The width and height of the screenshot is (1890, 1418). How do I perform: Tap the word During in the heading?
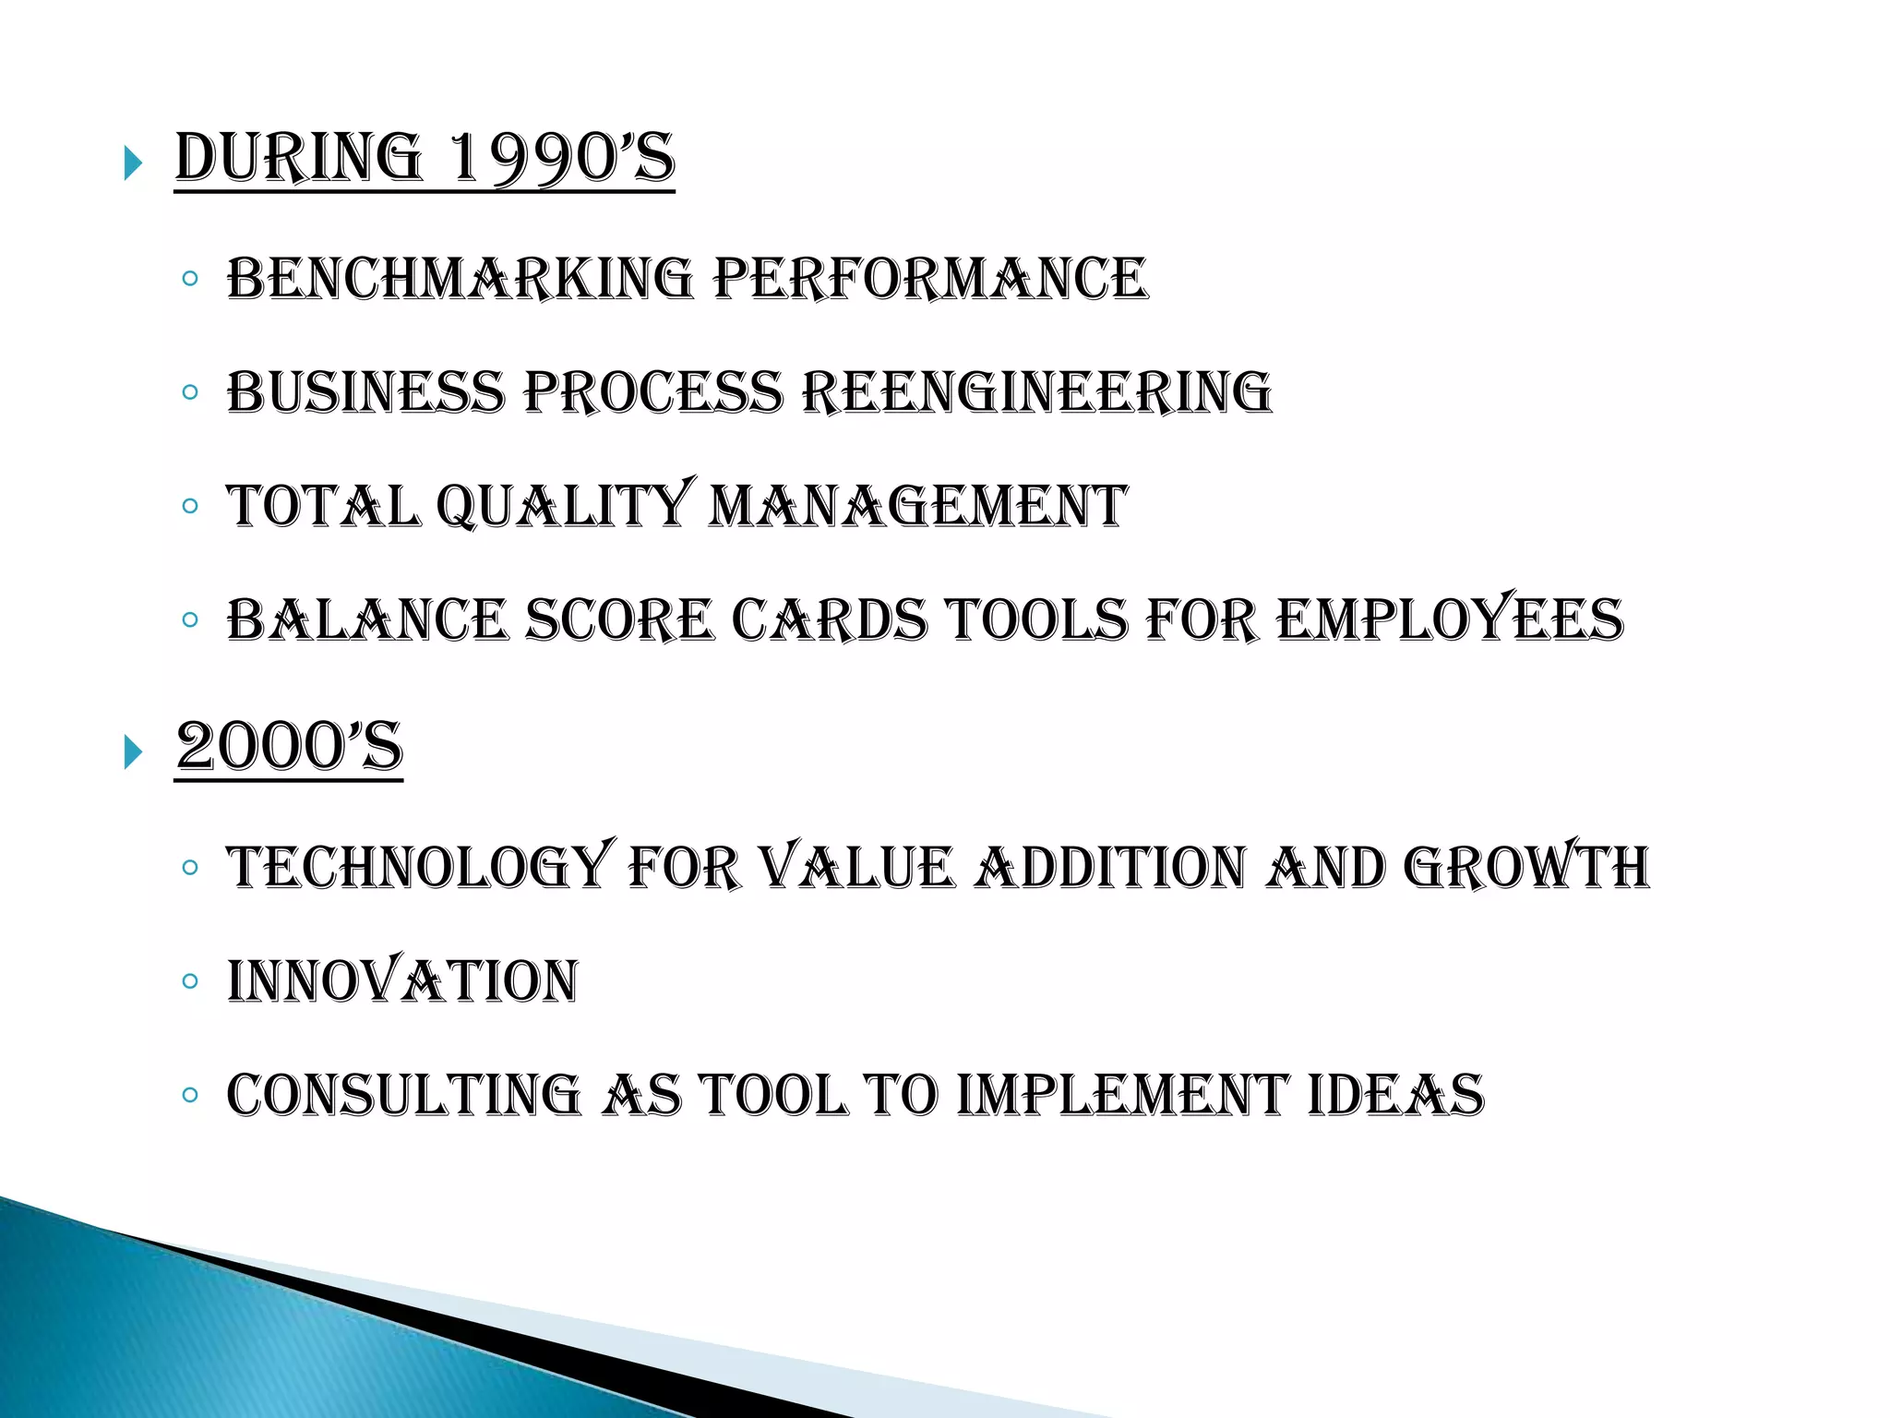tap(298, 158)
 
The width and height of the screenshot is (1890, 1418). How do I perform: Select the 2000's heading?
tap(289, 747)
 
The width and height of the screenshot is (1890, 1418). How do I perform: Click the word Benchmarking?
tap(460, 279)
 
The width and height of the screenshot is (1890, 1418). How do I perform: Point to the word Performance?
tap(930, 279)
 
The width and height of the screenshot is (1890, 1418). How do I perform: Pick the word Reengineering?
tap(1036, 392)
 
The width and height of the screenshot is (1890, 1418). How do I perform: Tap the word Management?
tap(918, 506)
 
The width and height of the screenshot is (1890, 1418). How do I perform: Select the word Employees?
tap(1450, 619)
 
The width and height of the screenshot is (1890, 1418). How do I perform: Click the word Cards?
tap(830, 619)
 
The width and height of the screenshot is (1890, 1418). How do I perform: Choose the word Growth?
tap(1525, 868)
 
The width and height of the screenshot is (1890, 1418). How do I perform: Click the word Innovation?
tap(402, 981)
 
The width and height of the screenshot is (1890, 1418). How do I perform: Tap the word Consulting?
tap(403, 1095)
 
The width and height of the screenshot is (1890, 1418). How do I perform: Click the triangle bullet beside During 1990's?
tap(134, 164)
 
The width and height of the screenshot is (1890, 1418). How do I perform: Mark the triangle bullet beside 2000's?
tap(134, 753)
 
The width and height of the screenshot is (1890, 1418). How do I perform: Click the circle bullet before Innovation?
tap(190, 980)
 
